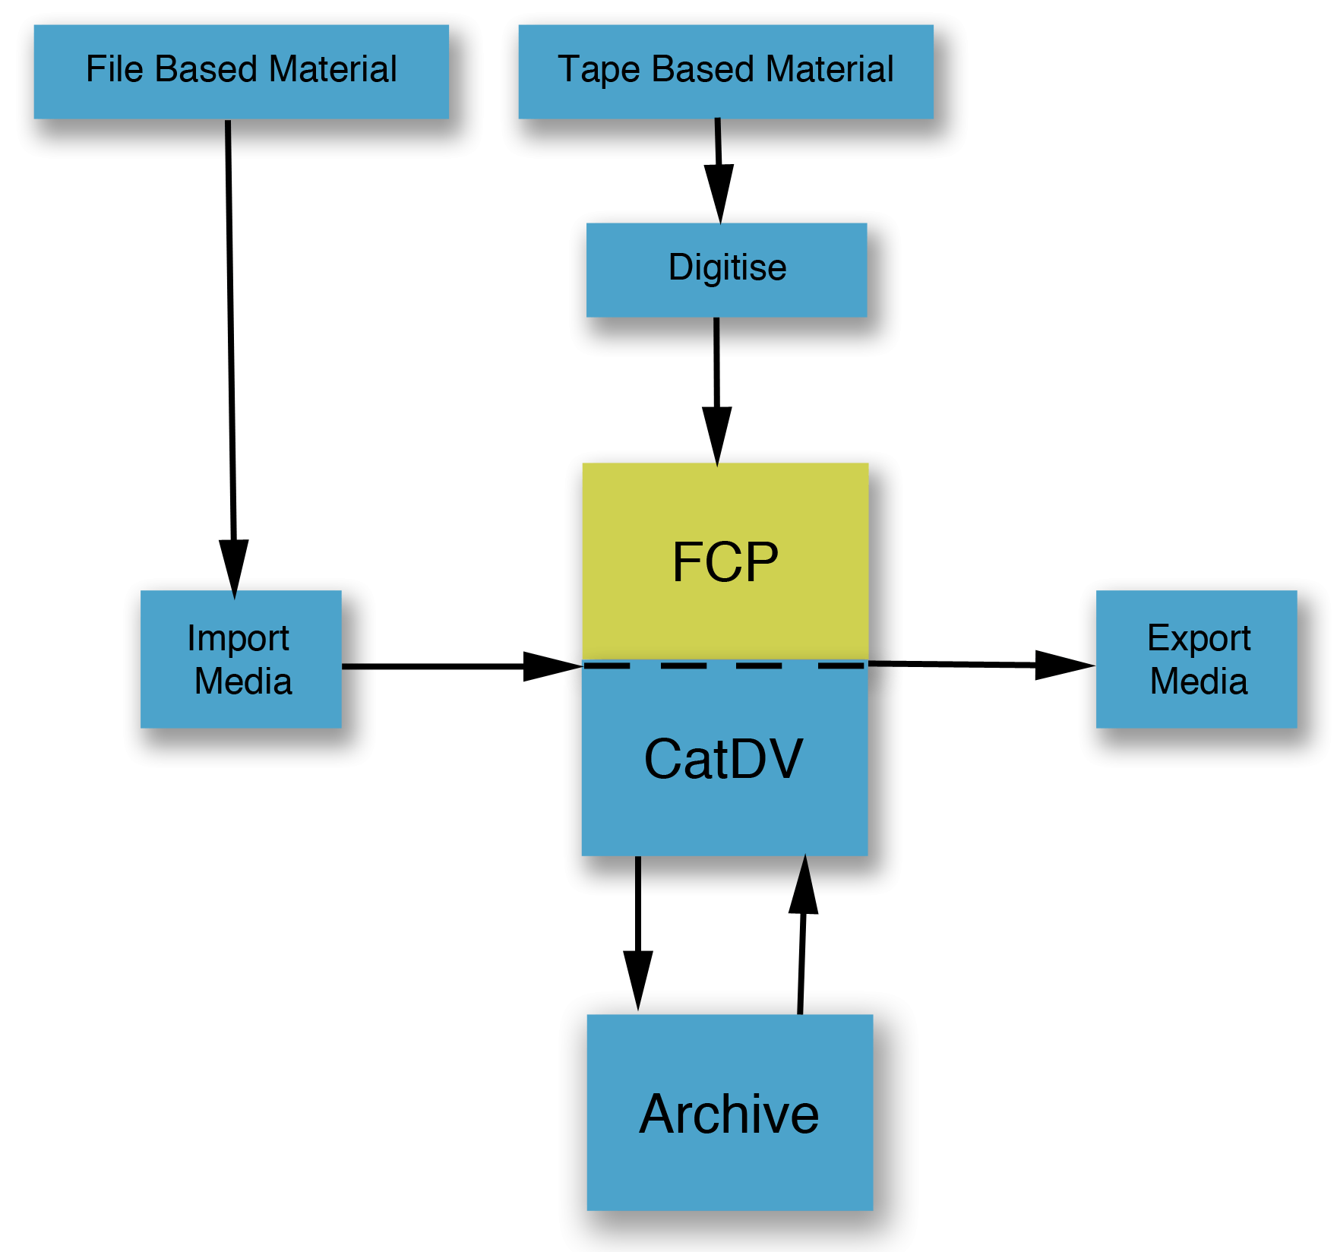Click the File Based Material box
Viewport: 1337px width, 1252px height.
coord(241,71)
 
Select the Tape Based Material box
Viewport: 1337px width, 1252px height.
coord(725,71)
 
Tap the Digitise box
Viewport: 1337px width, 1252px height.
coord(726,270)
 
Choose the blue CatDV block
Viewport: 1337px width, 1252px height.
coord(725,760)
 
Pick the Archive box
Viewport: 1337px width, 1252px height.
coord(729,1112)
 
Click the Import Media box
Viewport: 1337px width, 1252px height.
coord(241,659)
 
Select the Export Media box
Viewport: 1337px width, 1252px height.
coord(1196,659)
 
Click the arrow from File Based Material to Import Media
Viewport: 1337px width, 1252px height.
coord(231,342)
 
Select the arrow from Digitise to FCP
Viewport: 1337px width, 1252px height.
coord(716,387)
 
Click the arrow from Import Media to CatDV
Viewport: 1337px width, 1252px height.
coord(456,666)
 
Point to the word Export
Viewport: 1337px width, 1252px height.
coord(1199,638)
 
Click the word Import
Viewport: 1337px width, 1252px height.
coord(238,638)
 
